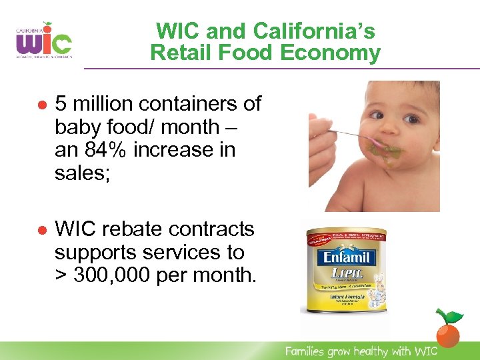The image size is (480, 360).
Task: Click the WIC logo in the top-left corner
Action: [x=44, y=41]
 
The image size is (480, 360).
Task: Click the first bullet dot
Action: [x=41, y=105]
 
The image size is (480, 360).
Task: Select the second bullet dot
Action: [x=41, y=230]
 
